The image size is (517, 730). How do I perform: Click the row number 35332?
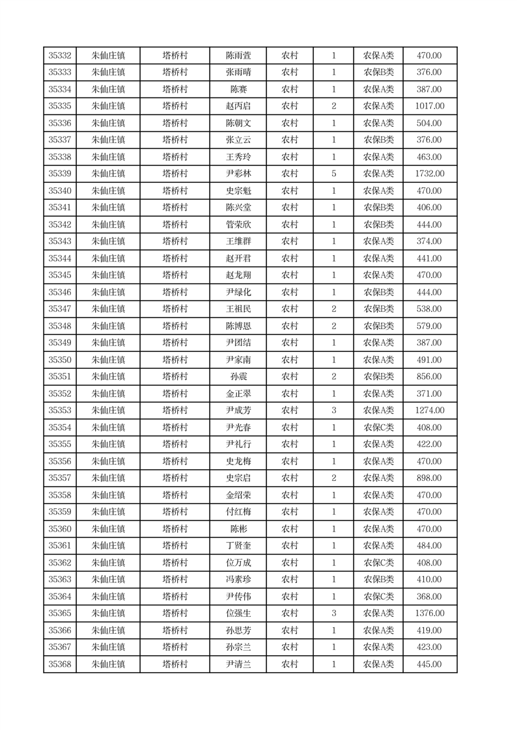click(60, 56)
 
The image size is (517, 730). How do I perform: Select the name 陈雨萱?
click(238, 56)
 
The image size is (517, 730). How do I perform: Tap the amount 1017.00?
click(429, 107)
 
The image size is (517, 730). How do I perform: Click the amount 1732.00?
click(429, 174)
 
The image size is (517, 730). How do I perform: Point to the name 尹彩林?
click(238, 174)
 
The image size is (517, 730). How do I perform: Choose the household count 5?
click(333, 174)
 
